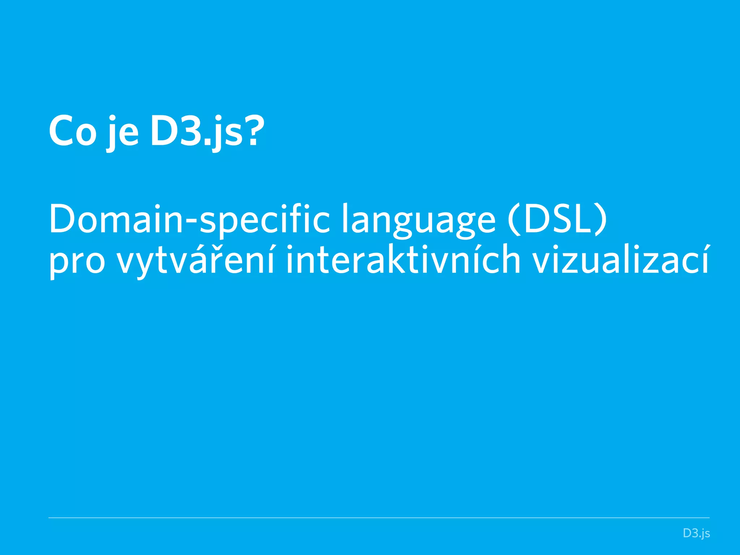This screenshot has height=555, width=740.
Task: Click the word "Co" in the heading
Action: [x=73, y=131]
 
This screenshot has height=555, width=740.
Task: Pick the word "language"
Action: [x=418, y=220]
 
